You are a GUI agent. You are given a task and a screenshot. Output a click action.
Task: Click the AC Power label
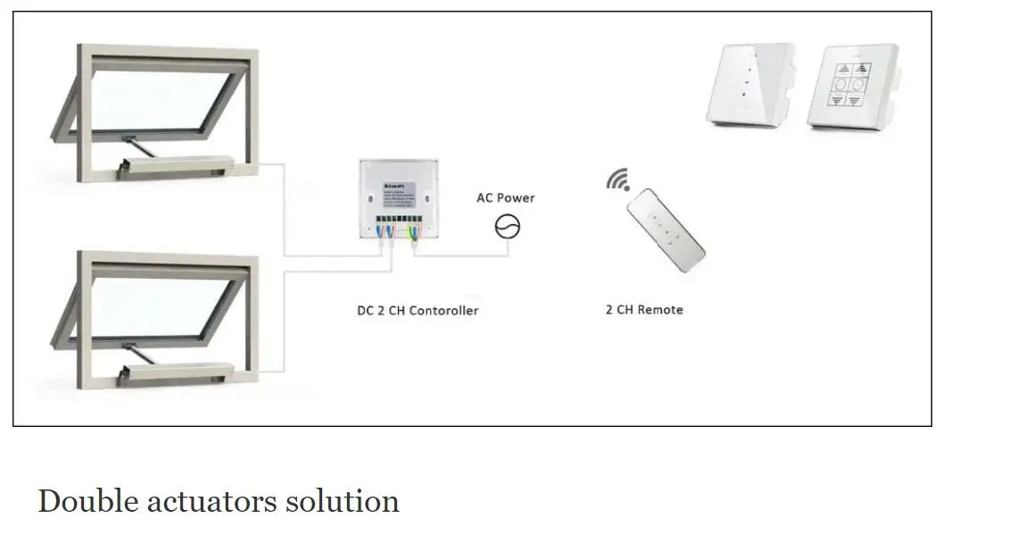pyautogui.click(x=505, y=197)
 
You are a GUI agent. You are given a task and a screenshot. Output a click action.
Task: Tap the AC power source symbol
pyautogui.click(x=507, y=227)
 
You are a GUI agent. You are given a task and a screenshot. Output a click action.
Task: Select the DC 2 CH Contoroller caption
pyautogui.click(x=417, y=310)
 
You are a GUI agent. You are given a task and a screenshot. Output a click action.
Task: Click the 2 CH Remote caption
pyautogui.click(x=644, y=309)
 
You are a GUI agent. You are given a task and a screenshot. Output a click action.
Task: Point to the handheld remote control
pyautogui.click(x=665, y=232)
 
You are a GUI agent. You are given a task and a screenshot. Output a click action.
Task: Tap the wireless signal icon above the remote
pyautogui.click(x=618, y=180)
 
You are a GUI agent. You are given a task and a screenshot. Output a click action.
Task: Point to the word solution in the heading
pyautogui.click(x=342, y=501)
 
